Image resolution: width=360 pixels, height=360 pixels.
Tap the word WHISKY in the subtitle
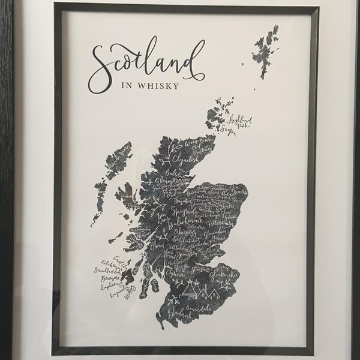click(x=159, y=86)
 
